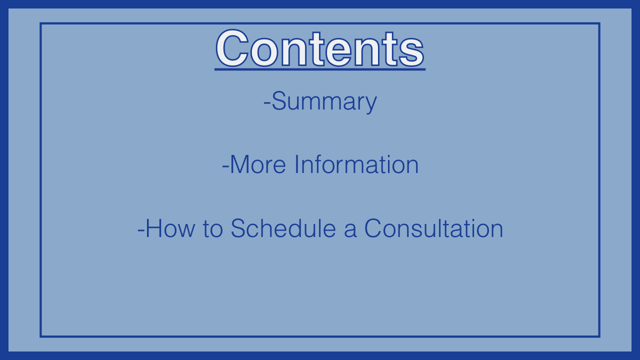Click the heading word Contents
coord(320,48)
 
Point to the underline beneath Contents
coord(320,69)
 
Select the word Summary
coord(324,102)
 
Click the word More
coord(257,164)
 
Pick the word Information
coord(356,164)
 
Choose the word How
coord(170,228)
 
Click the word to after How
coord(213,229)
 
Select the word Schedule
coord(283,228)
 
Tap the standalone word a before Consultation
coord(350,230)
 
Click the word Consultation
coord(433,228)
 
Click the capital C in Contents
coord(232,48)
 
